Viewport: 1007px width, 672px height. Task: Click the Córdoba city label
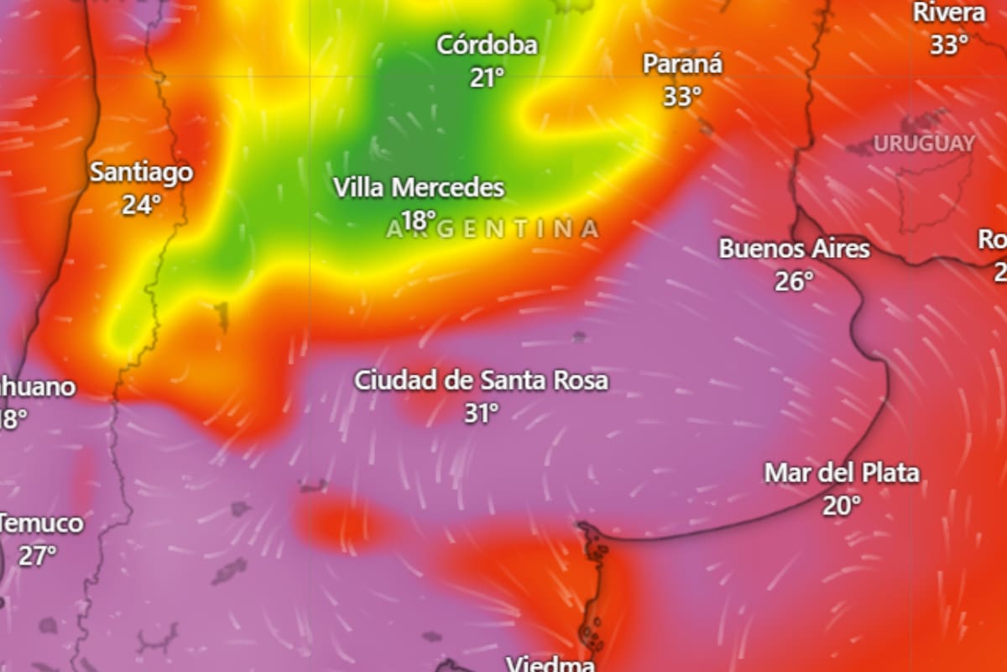click(x=487, y=45)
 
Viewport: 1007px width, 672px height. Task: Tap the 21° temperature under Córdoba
click(x=487, y=78)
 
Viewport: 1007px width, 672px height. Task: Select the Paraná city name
click(x=682, y=64)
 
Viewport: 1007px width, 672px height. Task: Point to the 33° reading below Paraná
click(x=682, y=97)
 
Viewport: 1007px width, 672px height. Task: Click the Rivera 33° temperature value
click(x=949, y=45)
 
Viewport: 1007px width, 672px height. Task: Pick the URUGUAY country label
click(x=924, y=144)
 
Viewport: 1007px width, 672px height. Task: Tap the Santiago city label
click(x=141, y=172)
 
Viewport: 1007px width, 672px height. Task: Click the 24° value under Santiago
click(x=141, y=205)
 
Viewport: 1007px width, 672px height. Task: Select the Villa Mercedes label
click(x=419, y=187)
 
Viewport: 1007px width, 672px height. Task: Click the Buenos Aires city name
click(x=794, y=249)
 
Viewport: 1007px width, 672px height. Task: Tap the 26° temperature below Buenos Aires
click(x=794, y=281)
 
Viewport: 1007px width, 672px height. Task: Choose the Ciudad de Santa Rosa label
click(x=481, y=381)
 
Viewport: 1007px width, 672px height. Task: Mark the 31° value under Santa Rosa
click(x=481, y=413)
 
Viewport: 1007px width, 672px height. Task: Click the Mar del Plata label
click(x=841, y=473)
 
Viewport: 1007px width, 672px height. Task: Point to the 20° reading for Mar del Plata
click(x=841, y=506)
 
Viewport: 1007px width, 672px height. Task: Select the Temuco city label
click(x=42, y=524)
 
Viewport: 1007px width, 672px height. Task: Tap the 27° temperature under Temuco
click(x=38, y=556)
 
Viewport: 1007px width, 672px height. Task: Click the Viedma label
click(x=550, y=664)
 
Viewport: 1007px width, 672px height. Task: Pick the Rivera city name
click(x=949, y=13)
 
